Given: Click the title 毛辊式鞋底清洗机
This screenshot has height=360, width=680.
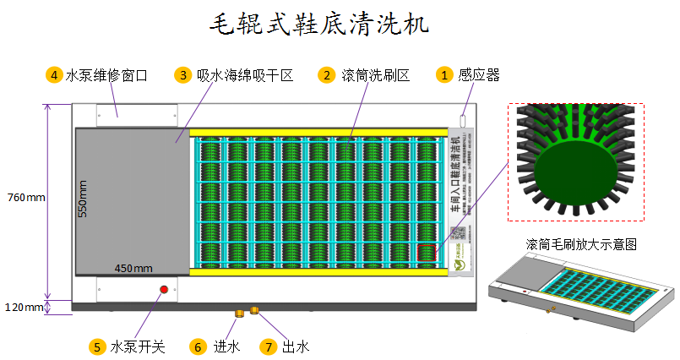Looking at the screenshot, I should point(318,24).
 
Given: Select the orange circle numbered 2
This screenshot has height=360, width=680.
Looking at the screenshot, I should point(326,74).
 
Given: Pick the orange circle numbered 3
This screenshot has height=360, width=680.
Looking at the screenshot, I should point(182,74).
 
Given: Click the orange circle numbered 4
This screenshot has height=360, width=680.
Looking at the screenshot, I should point(53,74).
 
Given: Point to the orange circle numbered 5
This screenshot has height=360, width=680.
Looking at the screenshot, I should point(97,346).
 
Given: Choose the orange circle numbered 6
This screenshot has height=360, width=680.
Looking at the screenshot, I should point(198,346).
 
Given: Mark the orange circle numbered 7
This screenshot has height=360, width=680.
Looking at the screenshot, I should point(268,346).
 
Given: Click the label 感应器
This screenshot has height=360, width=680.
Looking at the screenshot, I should point(479,75).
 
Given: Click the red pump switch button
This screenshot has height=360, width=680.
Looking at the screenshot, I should point(164,290).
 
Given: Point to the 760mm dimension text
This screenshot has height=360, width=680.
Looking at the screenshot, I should point(25,199).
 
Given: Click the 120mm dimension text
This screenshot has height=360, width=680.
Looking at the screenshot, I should point(22,307).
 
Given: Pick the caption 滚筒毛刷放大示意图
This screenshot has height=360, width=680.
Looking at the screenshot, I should point(580,243).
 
